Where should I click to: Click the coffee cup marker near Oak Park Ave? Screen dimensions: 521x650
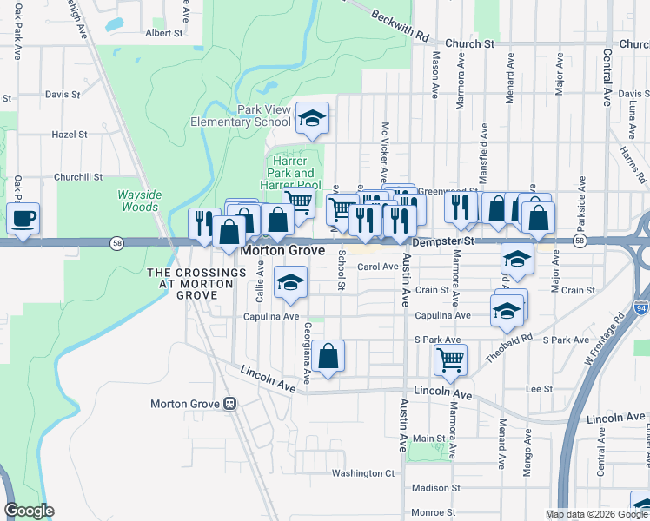pos(23,218)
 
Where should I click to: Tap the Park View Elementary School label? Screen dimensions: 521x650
pos(241,115)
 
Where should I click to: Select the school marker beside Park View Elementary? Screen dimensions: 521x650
pos(312,119)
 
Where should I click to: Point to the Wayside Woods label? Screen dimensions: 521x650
pos(139,201)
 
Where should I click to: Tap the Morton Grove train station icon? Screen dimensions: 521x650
pos(230,404)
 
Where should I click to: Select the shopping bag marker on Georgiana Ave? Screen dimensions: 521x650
pos(328,356)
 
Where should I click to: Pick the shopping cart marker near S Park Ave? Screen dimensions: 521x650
pos(450,358)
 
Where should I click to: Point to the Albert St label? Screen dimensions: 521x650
pos(164,33)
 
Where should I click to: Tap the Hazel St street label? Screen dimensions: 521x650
pos(70,135)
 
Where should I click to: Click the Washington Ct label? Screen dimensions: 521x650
pos(363,473)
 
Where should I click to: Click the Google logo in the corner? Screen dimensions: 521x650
pos(28,511)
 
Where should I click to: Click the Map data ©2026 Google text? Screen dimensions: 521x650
pos(595,514)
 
